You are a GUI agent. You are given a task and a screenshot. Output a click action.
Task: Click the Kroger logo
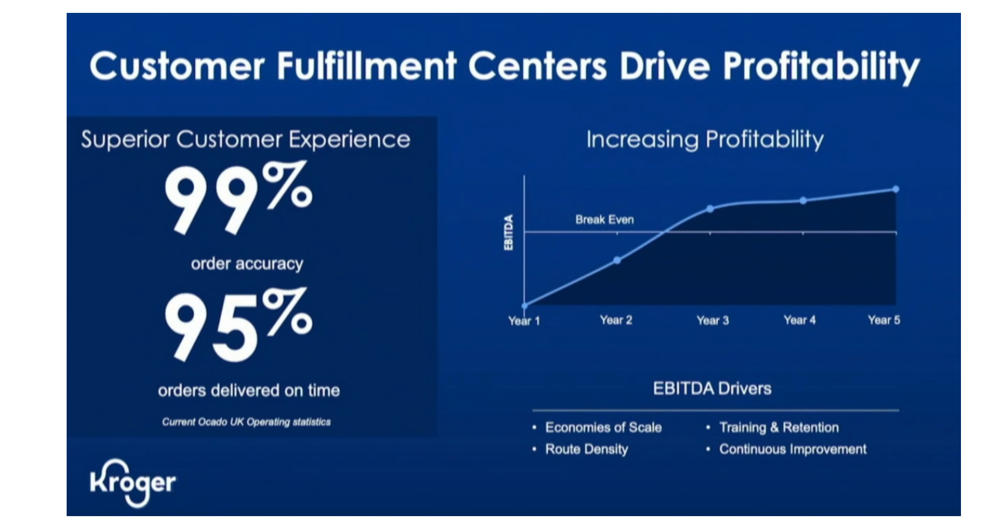tap(133, 483)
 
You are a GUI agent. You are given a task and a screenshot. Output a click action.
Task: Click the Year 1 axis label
tap(524, 321)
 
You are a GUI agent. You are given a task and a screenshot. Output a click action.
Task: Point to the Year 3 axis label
tap(712, 320)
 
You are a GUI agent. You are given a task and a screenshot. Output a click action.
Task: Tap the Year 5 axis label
tap(884, 320)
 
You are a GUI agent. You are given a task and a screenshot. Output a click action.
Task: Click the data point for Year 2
tap(617, 260)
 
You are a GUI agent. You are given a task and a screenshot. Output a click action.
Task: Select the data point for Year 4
tap(803, 200)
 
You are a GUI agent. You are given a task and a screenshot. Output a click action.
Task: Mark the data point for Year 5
tap(895, 189)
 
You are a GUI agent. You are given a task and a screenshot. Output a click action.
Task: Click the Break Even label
tap(604, 219)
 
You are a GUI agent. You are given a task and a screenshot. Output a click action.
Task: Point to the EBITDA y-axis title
tap(508, 232)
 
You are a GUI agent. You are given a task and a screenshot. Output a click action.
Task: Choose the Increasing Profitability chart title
tap(704, 139)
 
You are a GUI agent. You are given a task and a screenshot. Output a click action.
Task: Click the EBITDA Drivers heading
tap(712, 388)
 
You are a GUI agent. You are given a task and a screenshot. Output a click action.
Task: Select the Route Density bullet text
tap(586, 449)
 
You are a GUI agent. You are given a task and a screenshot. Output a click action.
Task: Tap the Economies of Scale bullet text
tap(603, 428)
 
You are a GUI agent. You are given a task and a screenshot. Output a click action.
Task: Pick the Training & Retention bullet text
tap(778, 428)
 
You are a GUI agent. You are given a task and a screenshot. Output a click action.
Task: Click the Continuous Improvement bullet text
tap(792, 449)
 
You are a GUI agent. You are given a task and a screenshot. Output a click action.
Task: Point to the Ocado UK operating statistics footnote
tap(246, 422)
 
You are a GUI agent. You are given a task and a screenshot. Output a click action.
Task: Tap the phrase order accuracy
tap(247, 264)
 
